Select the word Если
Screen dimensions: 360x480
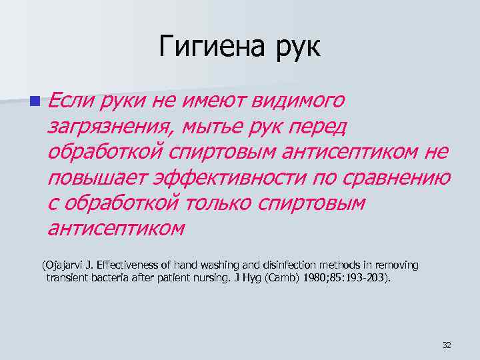pos(70,101)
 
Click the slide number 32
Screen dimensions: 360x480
pos(447,345)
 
